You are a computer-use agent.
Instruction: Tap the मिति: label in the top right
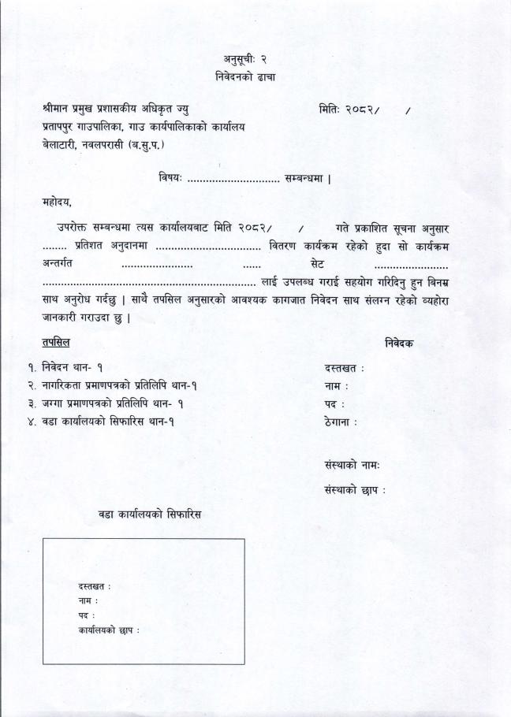pos(330,110)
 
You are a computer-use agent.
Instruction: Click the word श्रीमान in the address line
pos(58,110)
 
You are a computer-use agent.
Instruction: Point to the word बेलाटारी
pos(60,145)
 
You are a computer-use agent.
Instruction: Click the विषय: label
pos(170,178)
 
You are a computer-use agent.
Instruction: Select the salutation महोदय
pos(57,203)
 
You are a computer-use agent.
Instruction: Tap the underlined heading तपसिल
pos(56,343)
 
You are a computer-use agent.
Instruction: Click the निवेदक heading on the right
pos(399,344)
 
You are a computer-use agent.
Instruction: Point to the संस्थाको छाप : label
pos(355,490)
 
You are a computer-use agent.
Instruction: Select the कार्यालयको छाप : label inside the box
pos(109,630)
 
